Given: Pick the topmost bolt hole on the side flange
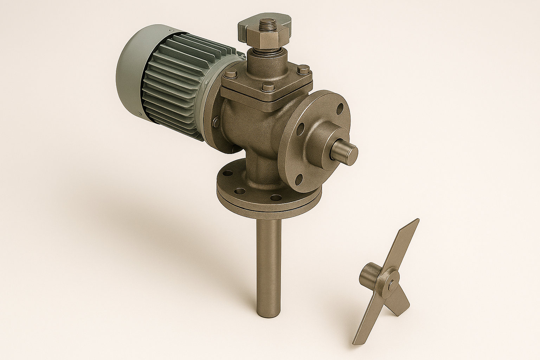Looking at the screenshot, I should (x=340, y=107).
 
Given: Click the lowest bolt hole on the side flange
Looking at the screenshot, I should (x=299, y=180).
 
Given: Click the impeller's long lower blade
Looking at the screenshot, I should (x=369, y=323).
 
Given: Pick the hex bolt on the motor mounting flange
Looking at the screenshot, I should (x=216, y=122).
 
